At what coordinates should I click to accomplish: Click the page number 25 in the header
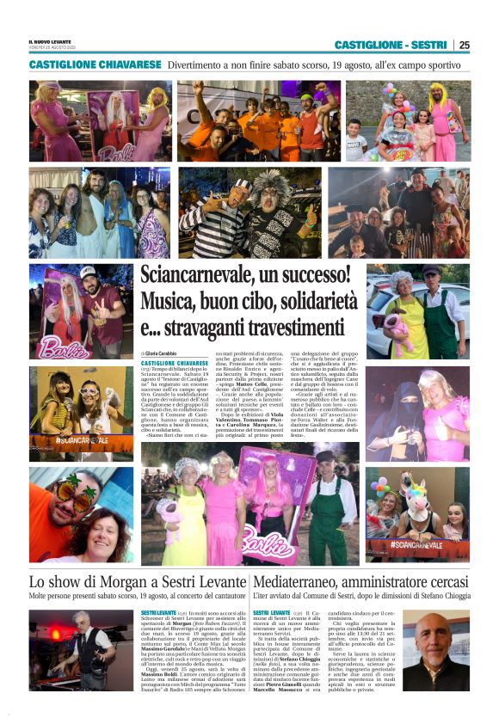(x=464, y=45)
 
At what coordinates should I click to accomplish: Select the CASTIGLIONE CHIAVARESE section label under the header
(x=95, y=64)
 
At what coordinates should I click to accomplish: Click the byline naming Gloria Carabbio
(x=164, y=354)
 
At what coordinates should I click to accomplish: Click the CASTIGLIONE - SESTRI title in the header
(x=390, y=45)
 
